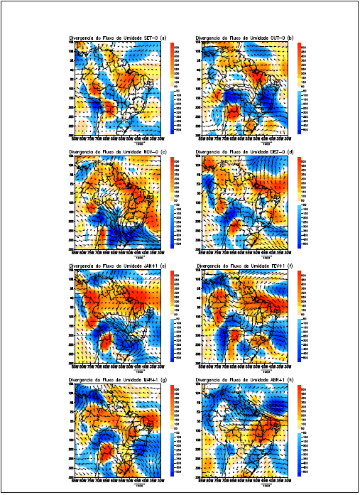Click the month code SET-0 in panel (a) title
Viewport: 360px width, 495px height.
coord(151,36)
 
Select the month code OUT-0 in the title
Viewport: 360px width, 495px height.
coord(283,36)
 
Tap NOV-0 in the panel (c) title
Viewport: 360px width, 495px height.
coord(151,153)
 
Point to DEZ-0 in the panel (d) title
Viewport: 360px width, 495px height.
coord(283,153)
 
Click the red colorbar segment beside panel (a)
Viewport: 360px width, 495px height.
coord(173,64)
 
